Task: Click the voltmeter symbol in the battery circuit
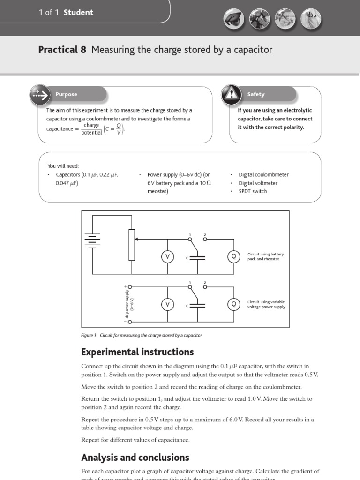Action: tap(167, 256)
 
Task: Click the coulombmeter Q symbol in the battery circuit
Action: tap(233, 256)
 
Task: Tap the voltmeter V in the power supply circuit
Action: tap(167, 305)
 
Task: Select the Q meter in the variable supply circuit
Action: tap(233, 305)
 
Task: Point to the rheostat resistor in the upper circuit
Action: tap(132, 244)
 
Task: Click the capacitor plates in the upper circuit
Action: tap(197, 257)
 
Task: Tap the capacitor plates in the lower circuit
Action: tap(197, 305)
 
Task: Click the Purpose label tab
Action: tap(67, 94)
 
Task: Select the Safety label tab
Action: tap(256, 94)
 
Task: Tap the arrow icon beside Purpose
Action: tap(39, 95)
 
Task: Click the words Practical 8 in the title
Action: tap(62, 50)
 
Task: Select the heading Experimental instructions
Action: tap(137, 352)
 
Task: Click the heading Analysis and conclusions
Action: tap(135, 457)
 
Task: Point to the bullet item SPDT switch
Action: tap(253, 191)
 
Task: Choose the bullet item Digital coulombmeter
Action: tap(263, 174)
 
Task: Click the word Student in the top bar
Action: tap(78, 12)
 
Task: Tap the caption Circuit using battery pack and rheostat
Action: tap(265, 256)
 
